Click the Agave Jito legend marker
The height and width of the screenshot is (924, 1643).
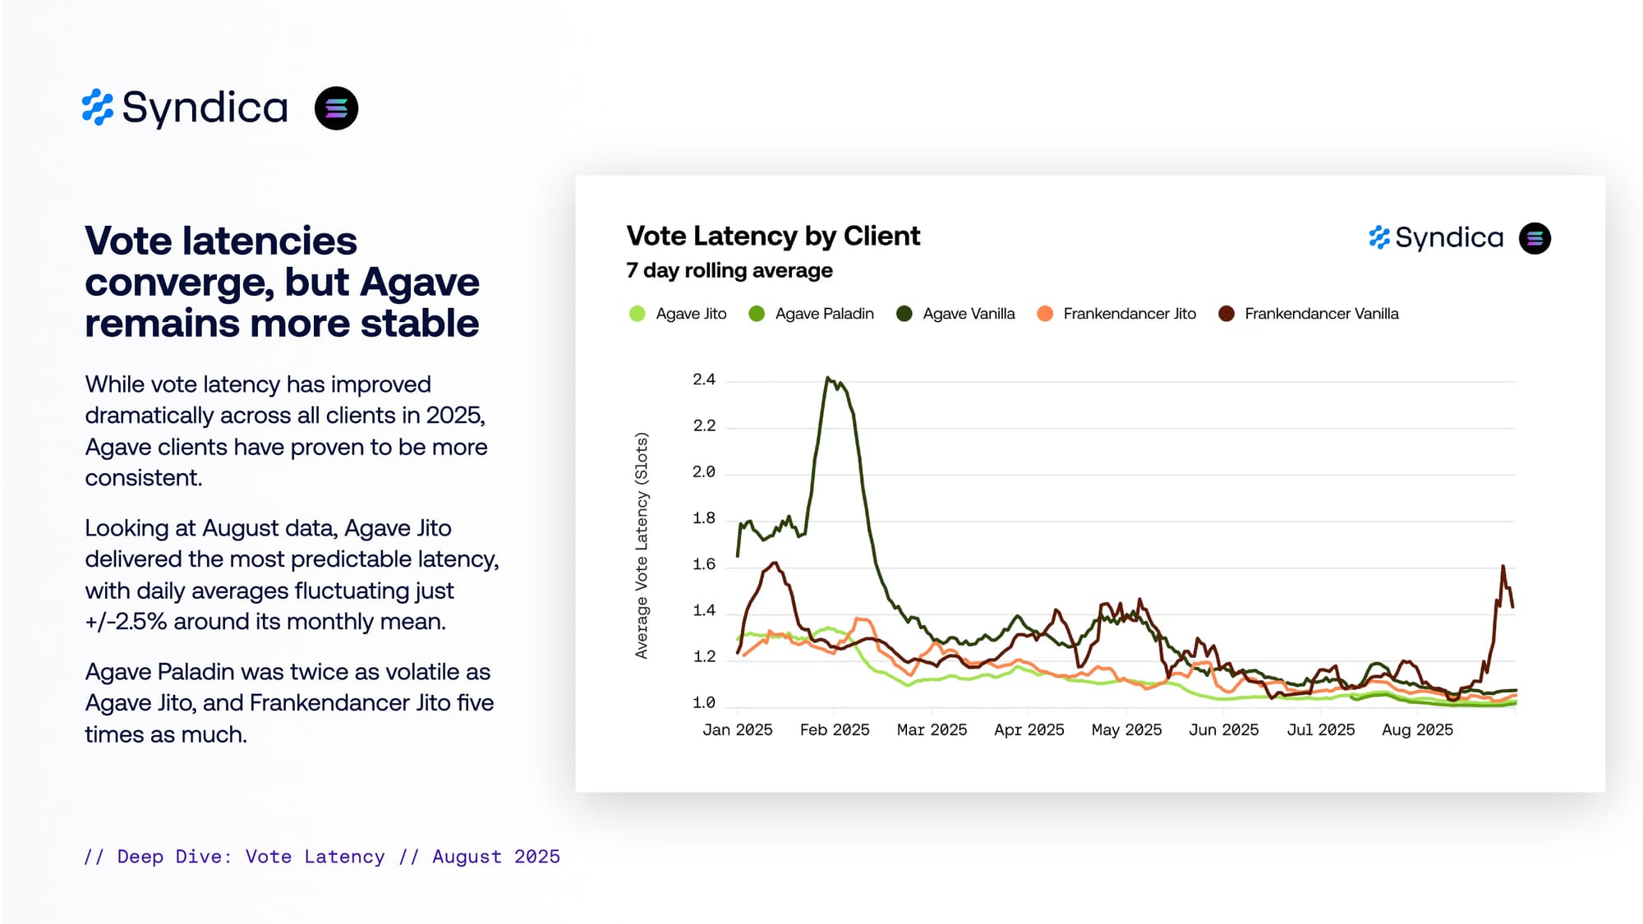(x=637, y=314)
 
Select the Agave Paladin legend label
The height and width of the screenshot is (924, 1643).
(x=824, y=314)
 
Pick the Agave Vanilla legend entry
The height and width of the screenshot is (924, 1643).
(x=968, y=314)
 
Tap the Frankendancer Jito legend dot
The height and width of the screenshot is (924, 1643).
(x=1045, y=314)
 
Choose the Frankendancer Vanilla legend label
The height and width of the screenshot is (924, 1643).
(x=1321, y=314)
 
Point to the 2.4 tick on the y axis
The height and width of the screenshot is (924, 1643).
(x=704, y=379)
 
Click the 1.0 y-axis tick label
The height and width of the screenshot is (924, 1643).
(x=704, y=703)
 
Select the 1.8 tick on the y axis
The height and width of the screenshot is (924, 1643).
(x=704, y=518)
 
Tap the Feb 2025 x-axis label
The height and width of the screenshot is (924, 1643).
(x=835, y=730)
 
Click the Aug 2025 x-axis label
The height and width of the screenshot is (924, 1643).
(x=1417, y=730)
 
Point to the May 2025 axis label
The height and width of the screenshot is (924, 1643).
(x=1126, y=730)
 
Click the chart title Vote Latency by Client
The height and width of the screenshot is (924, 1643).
(x=773, y=237)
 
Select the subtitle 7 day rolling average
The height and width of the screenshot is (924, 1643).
(x=729, y=271)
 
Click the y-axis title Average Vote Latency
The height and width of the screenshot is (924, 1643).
(x=642, y=545)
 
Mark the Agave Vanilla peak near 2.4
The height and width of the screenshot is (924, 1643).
(x=828, y=378)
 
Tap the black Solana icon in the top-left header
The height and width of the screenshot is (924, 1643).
(x=336, y=108)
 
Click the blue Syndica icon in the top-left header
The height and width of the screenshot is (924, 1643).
(x=98, y=108)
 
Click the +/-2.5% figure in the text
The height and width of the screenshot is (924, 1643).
(x=126, y=622)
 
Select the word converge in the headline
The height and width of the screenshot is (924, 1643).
(x=178, y=283)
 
